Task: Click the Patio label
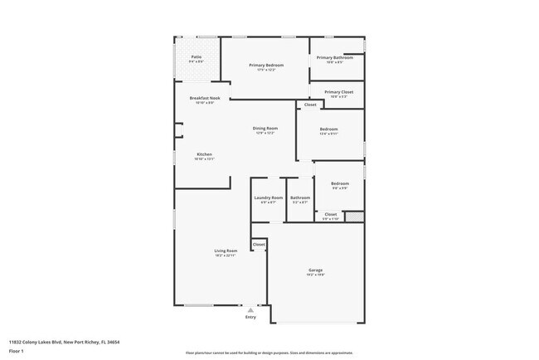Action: click(x=197, y=57)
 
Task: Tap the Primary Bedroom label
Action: click(x=268, y=65)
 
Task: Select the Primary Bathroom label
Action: click(x=336, y=57)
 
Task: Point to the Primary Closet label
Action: click(x=338, y=92)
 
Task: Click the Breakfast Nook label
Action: click(x=204, y=98)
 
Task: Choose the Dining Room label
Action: click(x=265, y=129)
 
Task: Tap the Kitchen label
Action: click(x=204, y=155)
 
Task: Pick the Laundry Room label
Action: click(x=269, y=197)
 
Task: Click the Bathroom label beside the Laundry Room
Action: click(x=299, y=197)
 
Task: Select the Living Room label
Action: click(x=226, y=251)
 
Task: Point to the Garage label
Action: click(x=316, y=270)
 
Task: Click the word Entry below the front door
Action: click(x=250, y=317)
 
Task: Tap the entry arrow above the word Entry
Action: click(x=250, y=309)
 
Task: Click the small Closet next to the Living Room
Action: click(x=259, y=245)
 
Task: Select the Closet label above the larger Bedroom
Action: click(x=310, y=105)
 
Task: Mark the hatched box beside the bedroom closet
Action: click(x=354, y=216)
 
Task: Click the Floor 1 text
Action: click(x=16, y=351)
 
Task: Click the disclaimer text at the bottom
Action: click(x=269, y=353)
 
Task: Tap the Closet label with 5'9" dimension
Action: click(x=330, y=215)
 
